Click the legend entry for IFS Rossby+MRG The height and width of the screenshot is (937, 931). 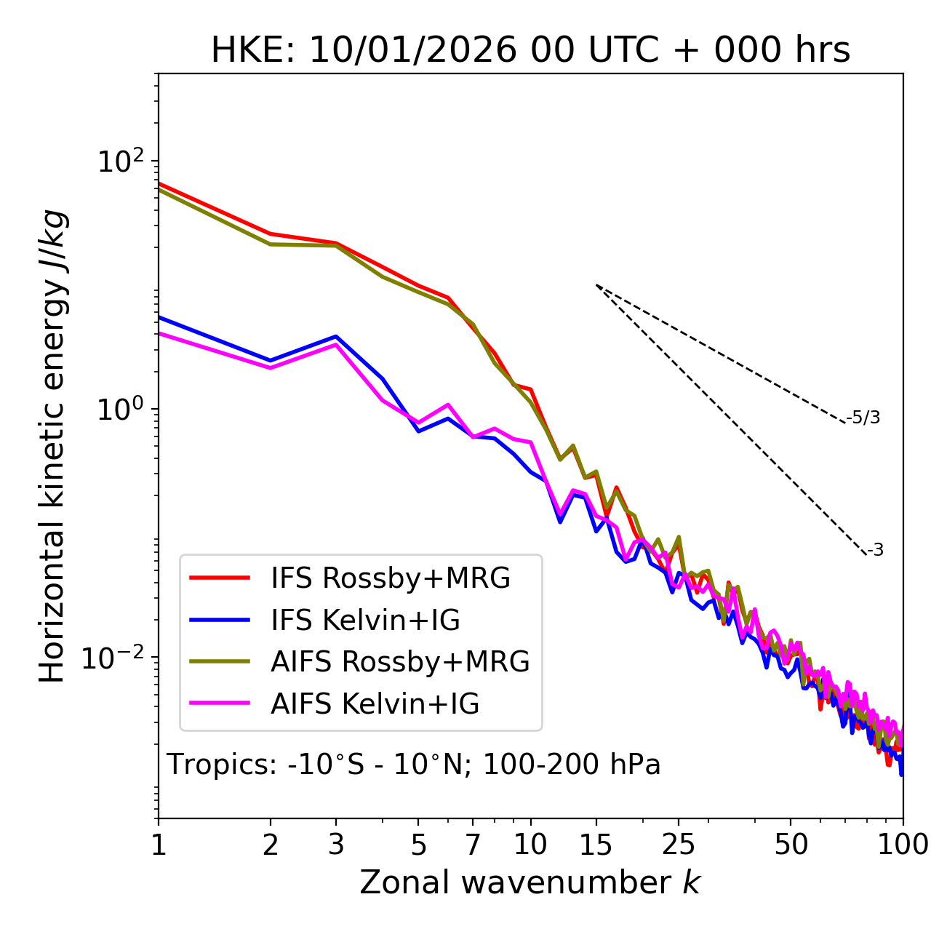point(391,578)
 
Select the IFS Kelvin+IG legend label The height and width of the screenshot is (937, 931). point(365,621)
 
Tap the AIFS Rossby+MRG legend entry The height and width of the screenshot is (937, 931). point(400,662)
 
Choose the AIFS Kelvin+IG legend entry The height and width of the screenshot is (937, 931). point(375,704)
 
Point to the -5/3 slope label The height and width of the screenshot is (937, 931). point(863,418)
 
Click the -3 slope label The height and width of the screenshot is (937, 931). point(876,551)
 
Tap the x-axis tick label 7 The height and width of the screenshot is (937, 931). point(473,845)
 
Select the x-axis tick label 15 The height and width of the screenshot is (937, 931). point(596,845)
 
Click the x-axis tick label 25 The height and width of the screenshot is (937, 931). point(679,845)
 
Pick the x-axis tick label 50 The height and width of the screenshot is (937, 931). point(791,845)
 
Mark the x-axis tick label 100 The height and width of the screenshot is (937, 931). point(903,845)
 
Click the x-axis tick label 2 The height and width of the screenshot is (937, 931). point(271,845)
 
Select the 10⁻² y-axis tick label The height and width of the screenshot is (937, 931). point(116,658)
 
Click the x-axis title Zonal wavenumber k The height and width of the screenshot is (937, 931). point(530,883)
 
